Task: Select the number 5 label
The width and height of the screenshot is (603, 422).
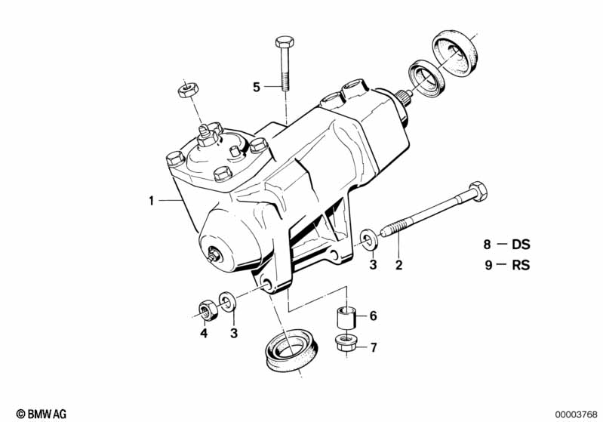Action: [x=257, y=88]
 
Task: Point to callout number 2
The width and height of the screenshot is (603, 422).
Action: [x=398, y=264]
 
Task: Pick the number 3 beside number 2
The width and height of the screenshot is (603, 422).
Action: [x=372, y=264]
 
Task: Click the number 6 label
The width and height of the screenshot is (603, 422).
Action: [x=372, y=317]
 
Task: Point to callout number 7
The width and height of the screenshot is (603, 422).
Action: [x=372, y=347]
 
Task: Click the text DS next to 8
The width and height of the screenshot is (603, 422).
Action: [x=521, y=245]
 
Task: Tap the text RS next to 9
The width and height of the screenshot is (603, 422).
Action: [x=521, y=265]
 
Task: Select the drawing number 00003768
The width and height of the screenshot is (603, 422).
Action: [x=575, y=413]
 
